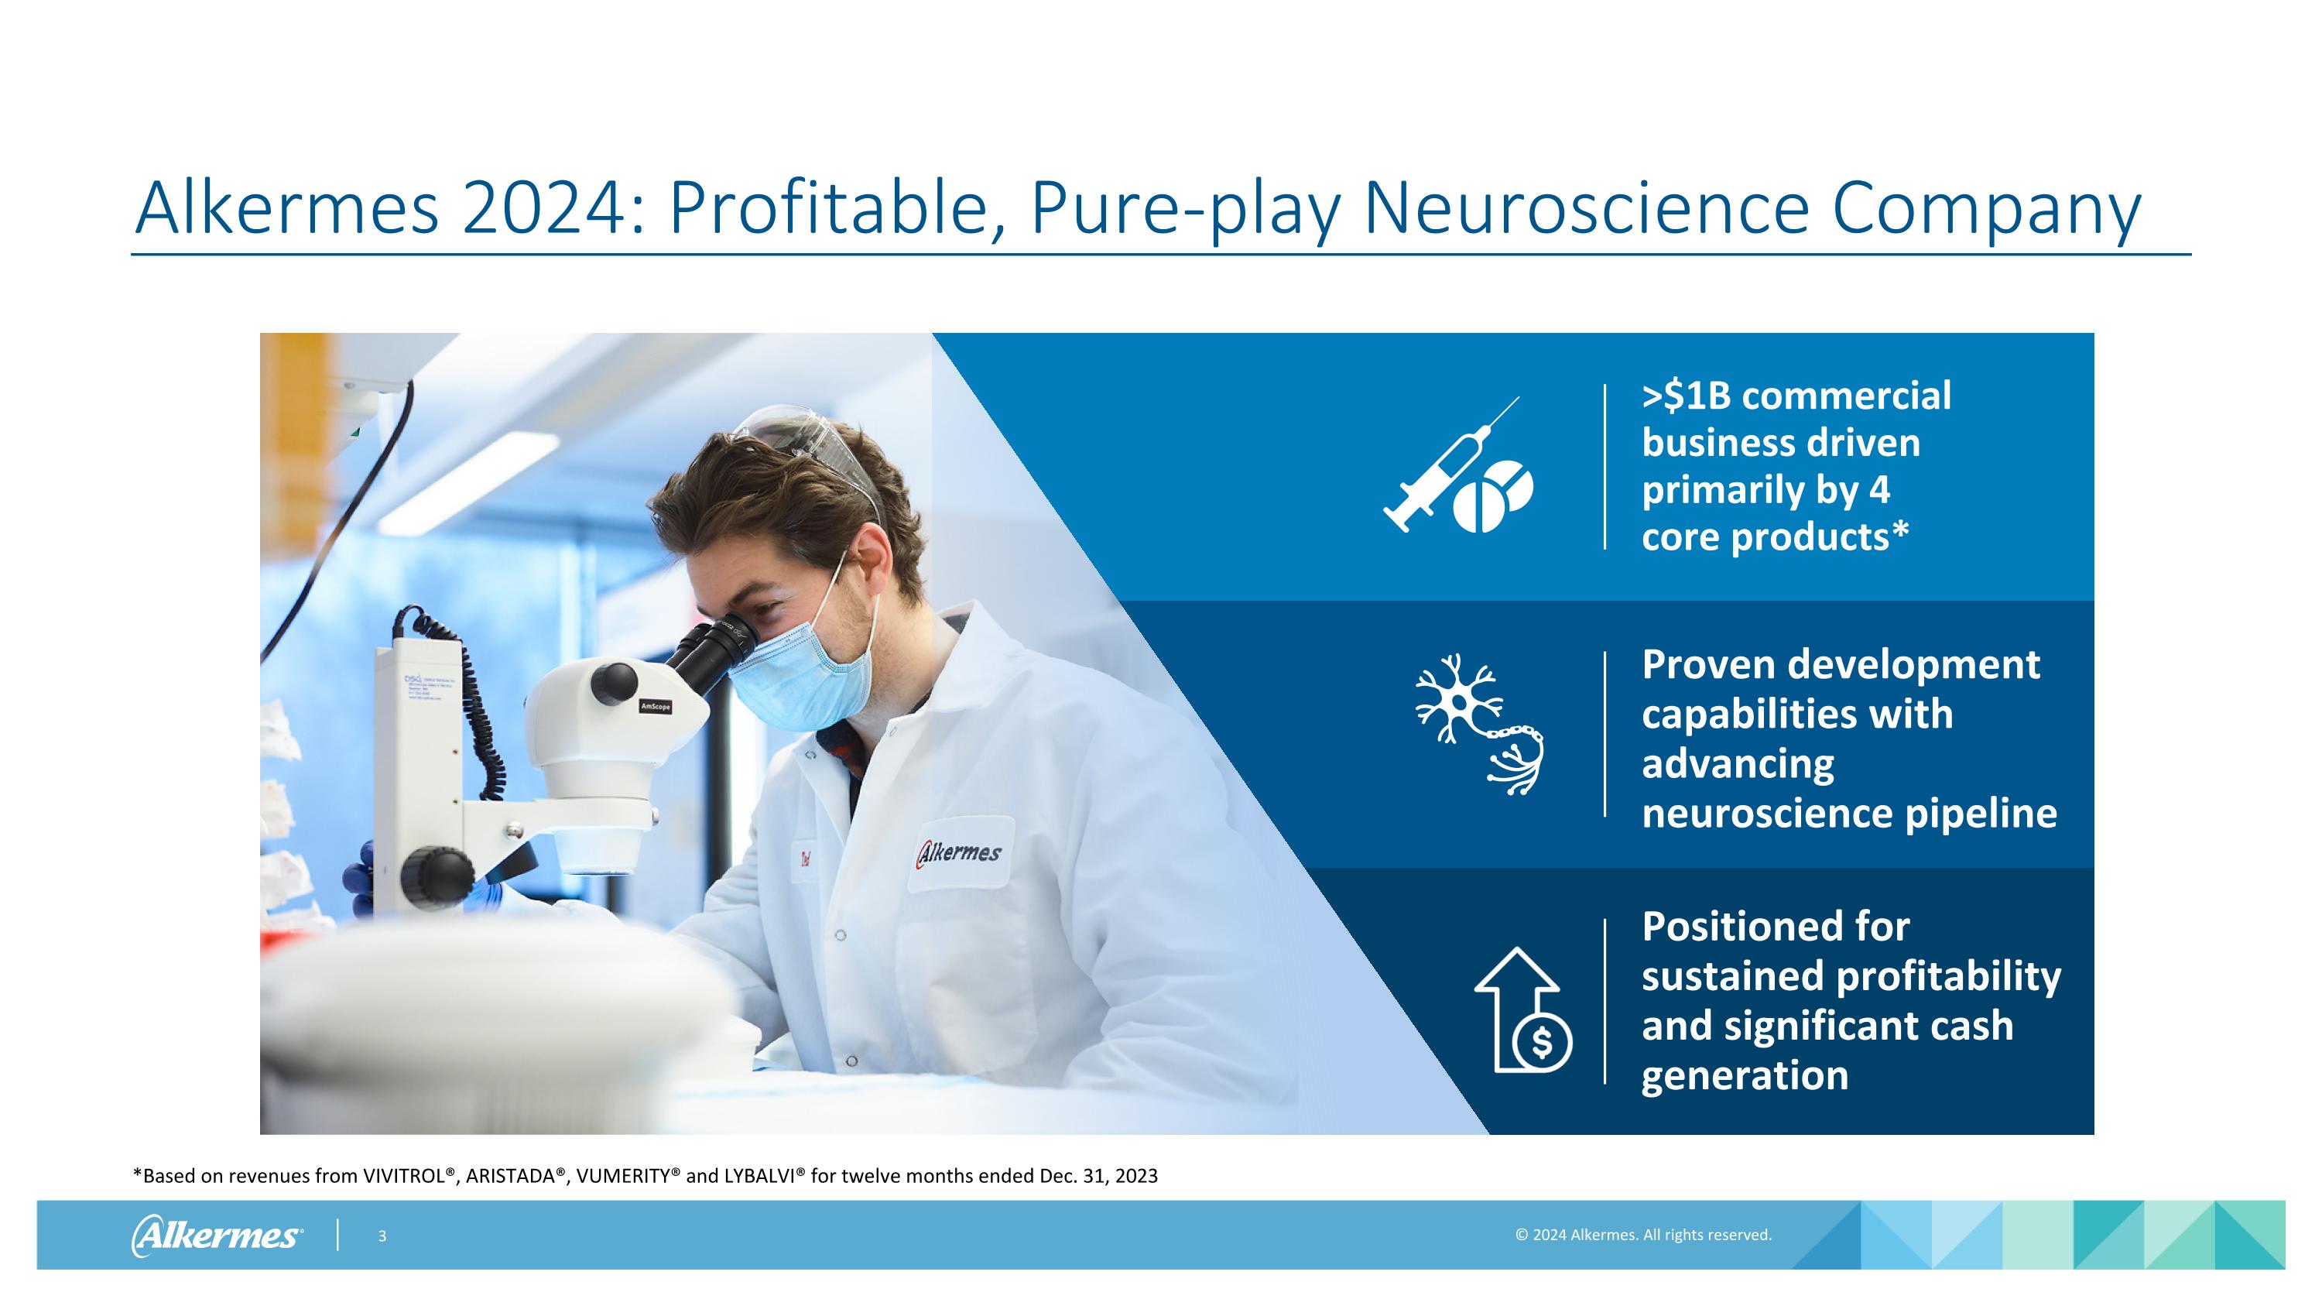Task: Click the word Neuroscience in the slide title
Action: click(1587, 209)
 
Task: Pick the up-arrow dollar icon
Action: click(1523, 1009)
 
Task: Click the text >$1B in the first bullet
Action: click(1687, 396)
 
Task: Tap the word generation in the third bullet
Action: click(1744, 1075)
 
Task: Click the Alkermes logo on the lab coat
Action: click(959, 852)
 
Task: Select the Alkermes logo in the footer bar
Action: click(217, 1235)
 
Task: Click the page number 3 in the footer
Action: click(382, 1236)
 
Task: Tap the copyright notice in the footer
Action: click(1642, 1235)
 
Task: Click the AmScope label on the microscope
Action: click(656, 706)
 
